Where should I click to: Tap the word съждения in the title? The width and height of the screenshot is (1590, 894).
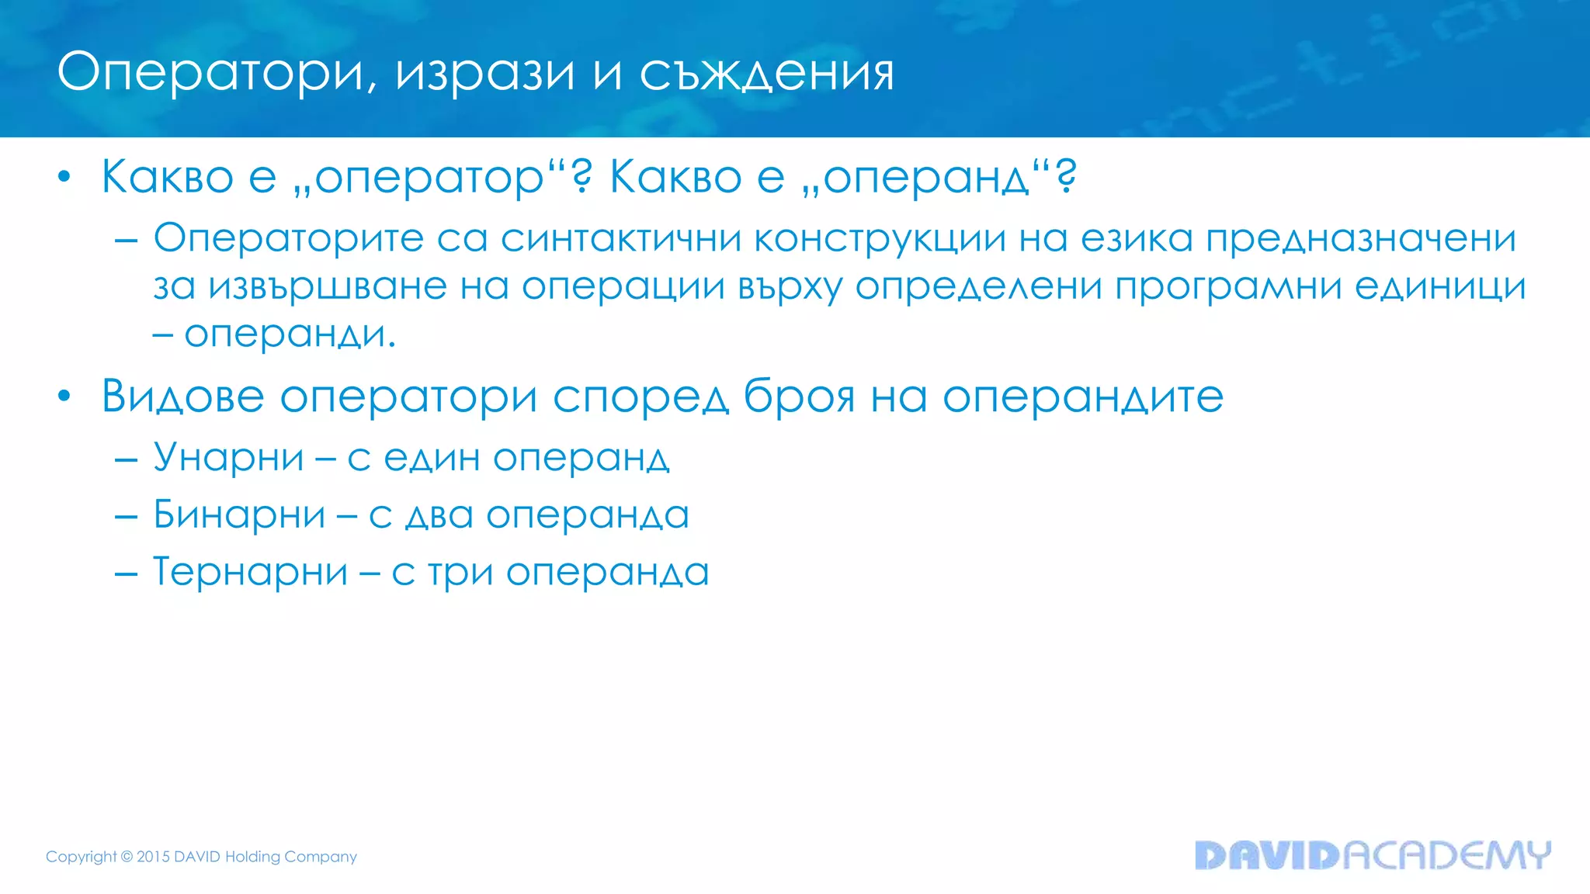pyautogui.click(x=767, y=74)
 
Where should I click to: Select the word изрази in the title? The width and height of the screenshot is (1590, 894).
pyautogui.click(x=485, y=74)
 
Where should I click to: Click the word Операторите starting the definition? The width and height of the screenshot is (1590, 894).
pyautogui.click(x=288, y=237)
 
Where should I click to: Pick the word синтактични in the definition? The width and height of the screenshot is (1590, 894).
pyautogui.click(x=621, y=237)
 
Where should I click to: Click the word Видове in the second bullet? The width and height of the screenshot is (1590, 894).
pyautogui.click(x=183, y=397)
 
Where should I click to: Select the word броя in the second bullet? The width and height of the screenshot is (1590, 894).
pyautogui.click(x=799, y=397)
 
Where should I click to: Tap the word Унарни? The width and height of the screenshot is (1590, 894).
pyautogui.click(x=228, y=457)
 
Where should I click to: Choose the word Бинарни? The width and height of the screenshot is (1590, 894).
pyautogui.click(x=239, y=515)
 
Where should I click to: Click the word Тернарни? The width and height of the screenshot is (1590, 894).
pyautogui.click(x=250, y=572)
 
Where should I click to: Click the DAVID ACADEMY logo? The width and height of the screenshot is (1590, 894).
pyautogui.click(x=1372, y=855)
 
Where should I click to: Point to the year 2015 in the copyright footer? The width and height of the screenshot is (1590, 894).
pyautogui.click(x=153, y=857)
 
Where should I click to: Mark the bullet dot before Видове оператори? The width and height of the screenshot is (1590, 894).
pyautogui.click(x=64, y=397)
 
